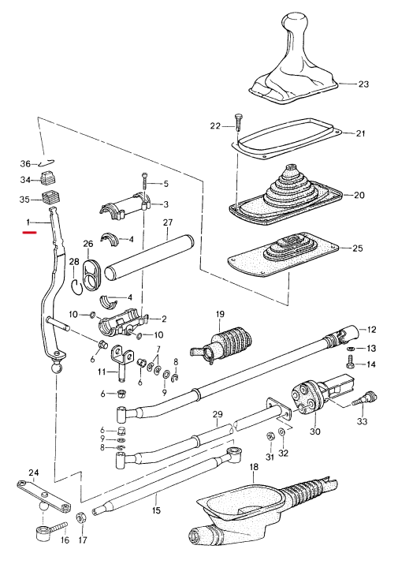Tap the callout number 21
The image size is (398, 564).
360,133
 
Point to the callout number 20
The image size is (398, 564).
359,196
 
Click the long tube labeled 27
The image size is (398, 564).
148,256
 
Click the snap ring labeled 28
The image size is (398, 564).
77,286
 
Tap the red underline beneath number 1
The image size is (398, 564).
29,233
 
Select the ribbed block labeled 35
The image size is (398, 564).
50,198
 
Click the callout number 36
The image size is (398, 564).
25,164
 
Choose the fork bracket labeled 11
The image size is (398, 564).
121,362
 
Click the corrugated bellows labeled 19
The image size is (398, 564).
221,345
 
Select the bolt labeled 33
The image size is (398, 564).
364,399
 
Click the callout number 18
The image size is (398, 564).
254,467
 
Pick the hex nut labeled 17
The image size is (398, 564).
80,519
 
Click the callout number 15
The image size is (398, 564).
156,510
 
